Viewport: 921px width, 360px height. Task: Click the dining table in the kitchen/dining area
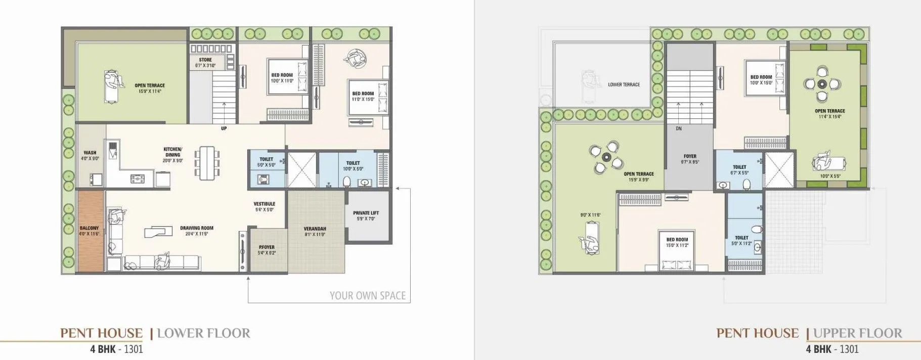coord(207,163)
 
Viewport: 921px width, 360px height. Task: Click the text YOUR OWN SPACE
coord(368,296)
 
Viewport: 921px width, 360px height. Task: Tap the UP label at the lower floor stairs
coord(224,128)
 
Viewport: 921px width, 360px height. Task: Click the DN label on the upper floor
coord(679,128)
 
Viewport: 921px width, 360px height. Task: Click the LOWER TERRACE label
coord(624,84)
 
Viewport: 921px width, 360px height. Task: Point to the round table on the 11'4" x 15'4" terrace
coord(822,84)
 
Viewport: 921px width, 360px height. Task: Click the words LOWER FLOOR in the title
coord(203,333)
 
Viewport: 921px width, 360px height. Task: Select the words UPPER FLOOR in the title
coord(857,333)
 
